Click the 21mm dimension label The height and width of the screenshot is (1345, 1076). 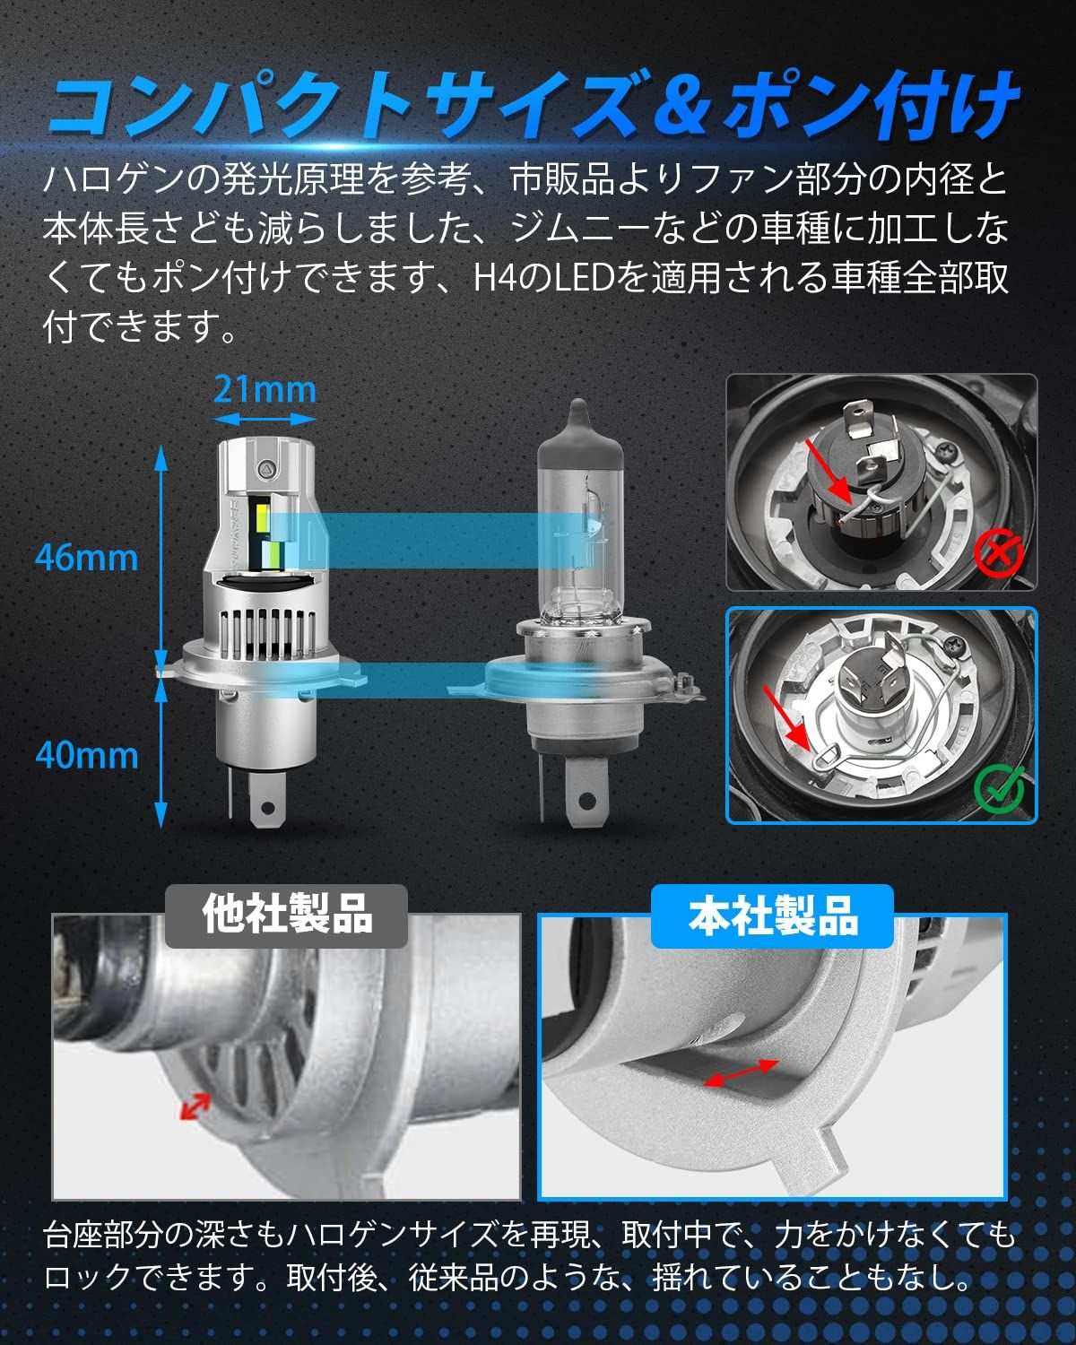pyautogui.click(x=265, y=391)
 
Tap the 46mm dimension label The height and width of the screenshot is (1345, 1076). pyautogui.click(x=86, y=558)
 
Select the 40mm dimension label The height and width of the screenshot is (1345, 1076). pyautogui.click(x=86, y=756)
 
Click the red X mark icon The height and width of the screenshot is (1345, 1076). pyautogui.click(x=999, y=552)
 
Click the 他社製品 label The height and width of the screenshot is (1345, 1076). pyautogui.click(x=287, y=915)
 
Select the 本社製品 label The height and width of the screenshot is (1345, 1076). pyautogui.click(x=773, y=915)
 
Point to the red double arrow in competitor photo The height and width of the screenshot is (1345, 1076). pyautogui.click(x=195, y=1106)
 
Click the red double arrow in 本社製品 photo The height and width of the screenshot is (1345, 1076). pyautogui.click(x=741, y=1072)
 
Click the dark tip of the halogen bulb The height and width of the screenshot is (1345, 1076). pyautogui.click(x=579, y=418)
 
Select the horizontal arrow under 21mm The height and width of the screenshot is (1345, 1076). pyautogui.click(x=265, y=418)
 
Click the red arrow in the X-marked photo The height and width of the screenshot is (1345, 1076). pyautogui.click(x=829, y=471)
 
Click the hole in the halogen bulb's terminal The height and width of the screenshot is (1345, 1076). pyautogui.click(x=586, y=800)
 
